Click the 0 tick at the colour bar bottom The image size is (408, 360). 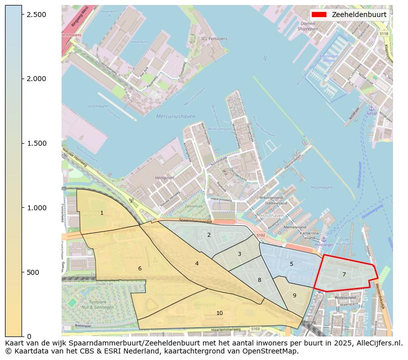coord(29,336)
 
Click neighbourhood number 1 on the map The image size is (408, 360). coord(102,213)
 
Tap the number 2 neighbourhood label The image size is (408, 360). coord(209,235)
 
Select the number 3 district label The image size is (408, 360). coord(239,254)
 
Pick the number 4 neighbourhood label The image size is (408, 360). coord(197,263)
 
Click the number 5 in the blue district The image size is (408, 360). coord(291,264)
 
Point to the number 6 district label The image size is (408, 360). coord(140,269)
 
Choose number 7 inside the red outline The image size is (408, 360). coord(344,274)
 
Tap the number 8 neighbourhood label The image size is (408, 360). coord(259,280)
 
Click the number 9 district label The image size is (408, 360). coord(294,295)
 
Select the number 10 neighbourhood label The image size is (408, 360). coord(219,313)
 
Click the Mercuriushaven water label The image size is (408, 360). coord(175,116)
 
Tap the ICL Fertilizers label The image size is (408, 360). coord(214,39)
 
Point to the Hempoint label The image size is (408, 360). coord(165,178)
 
